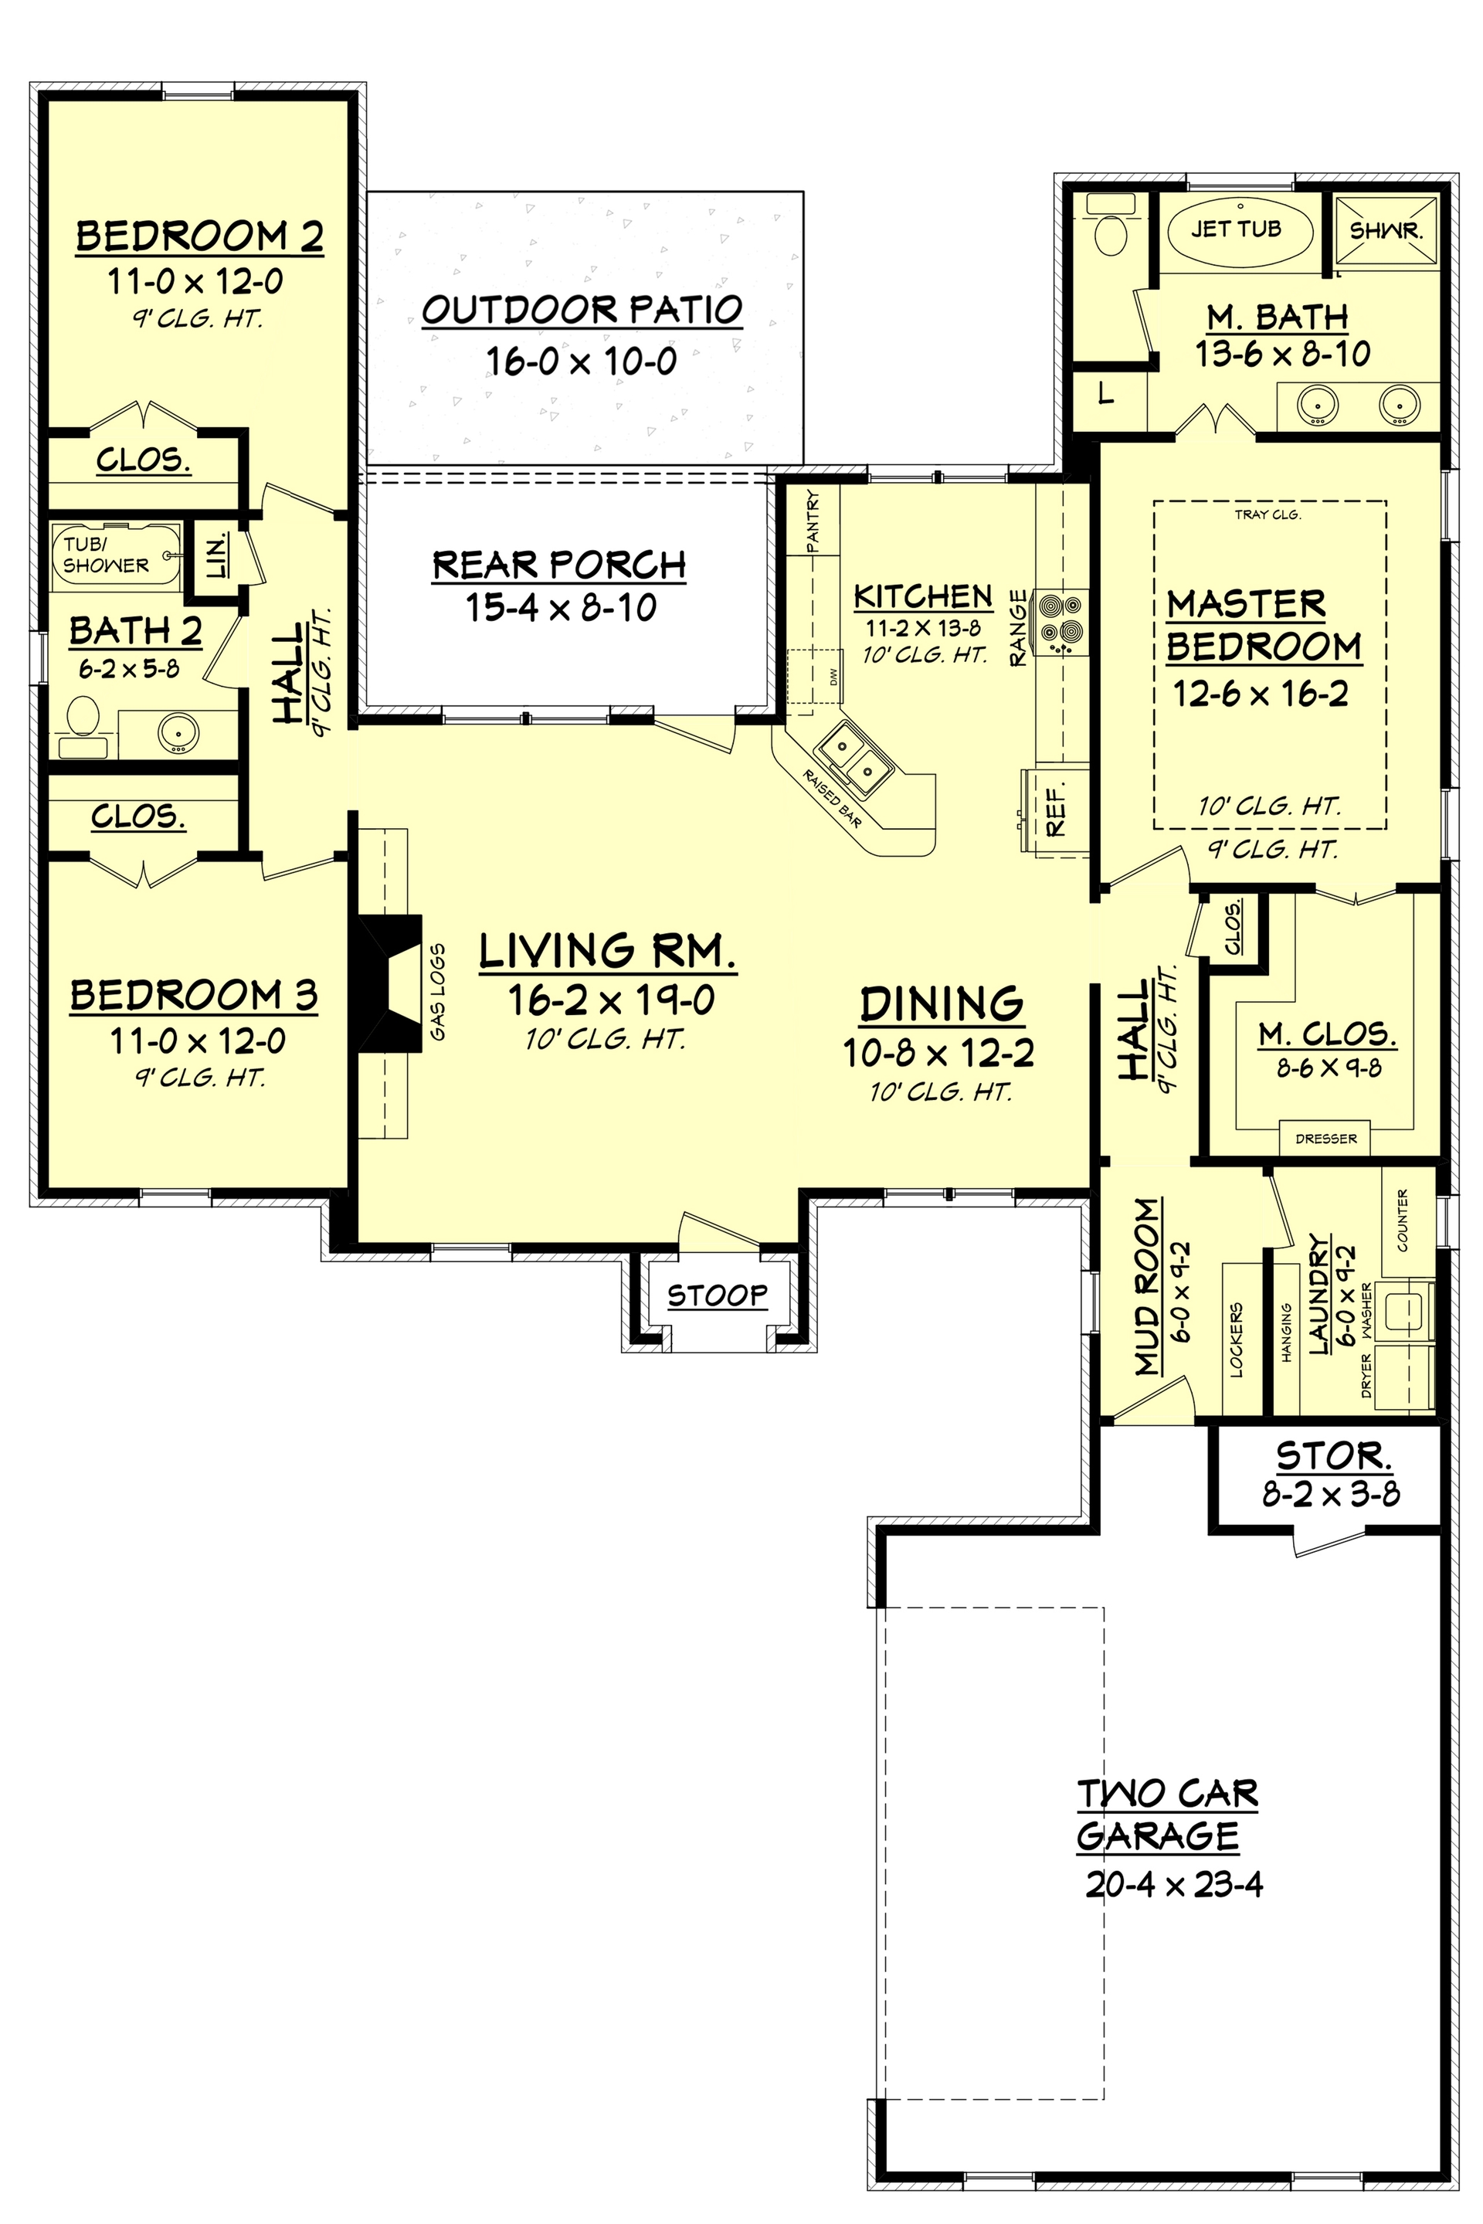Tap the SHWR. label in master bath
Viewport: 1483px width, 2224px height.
point(1386,231)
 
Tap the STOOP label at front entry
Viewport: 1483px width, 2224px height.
point(717,1295)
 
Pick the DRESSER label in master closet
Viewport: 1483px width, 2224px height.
point(1326,1139)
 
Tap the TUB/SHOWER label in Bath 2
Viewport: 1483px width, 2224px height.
point(106,555)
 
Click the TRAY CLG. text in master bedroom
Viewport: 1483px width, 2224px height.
point(1268,515)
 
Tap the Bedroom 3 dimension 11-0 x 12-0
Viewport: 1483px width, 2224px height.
point(197,1041)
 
